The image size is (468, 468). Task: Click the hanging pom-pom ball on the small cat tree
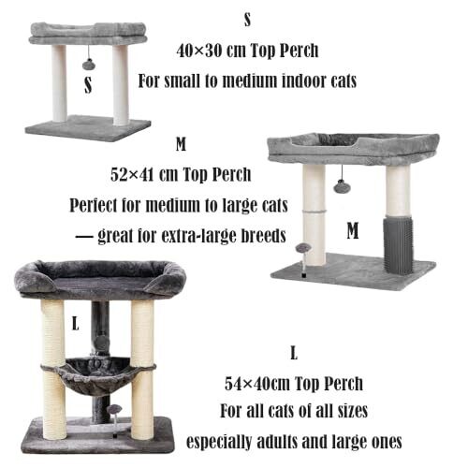(89, 65)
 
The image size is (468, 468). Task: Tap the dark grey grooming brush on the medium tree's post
(398, 245)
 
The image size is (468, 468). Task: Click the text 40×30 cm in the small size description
(212, 51)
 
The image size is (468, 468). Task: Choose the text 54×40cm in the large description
(257, 384)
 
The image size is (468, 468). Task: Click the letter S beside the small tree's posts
(88, 85)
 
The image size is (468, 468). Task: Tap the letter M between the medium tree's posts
(353, 230)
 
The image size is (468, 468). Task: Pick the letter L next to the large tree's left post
(76, 323)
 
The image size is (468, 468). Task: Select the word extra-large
(199, 236)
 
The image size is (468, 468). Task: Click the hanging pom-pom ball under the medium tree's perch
(343, 187)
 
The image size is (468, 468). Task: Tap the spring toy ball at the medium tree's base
(302, 248)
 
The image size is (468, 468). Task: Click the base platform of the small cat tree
(88, 127)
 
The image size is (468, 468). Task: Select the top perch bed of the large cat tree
(100, 279)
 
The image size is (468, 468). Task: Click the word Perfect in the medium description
(93, 206)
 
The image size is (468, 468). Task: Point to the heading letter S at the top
(247, 20)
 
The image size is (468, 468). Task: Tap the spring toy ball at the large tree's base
(113, 409)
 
